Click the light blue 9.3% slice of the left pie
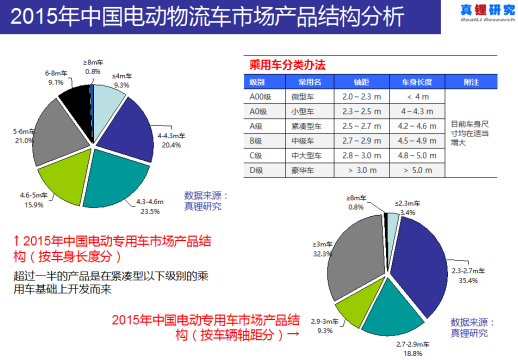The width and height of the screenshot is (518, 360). [x=102, y=99]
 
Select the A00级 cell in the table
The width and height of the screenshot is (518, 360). [x=258, y=94]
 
